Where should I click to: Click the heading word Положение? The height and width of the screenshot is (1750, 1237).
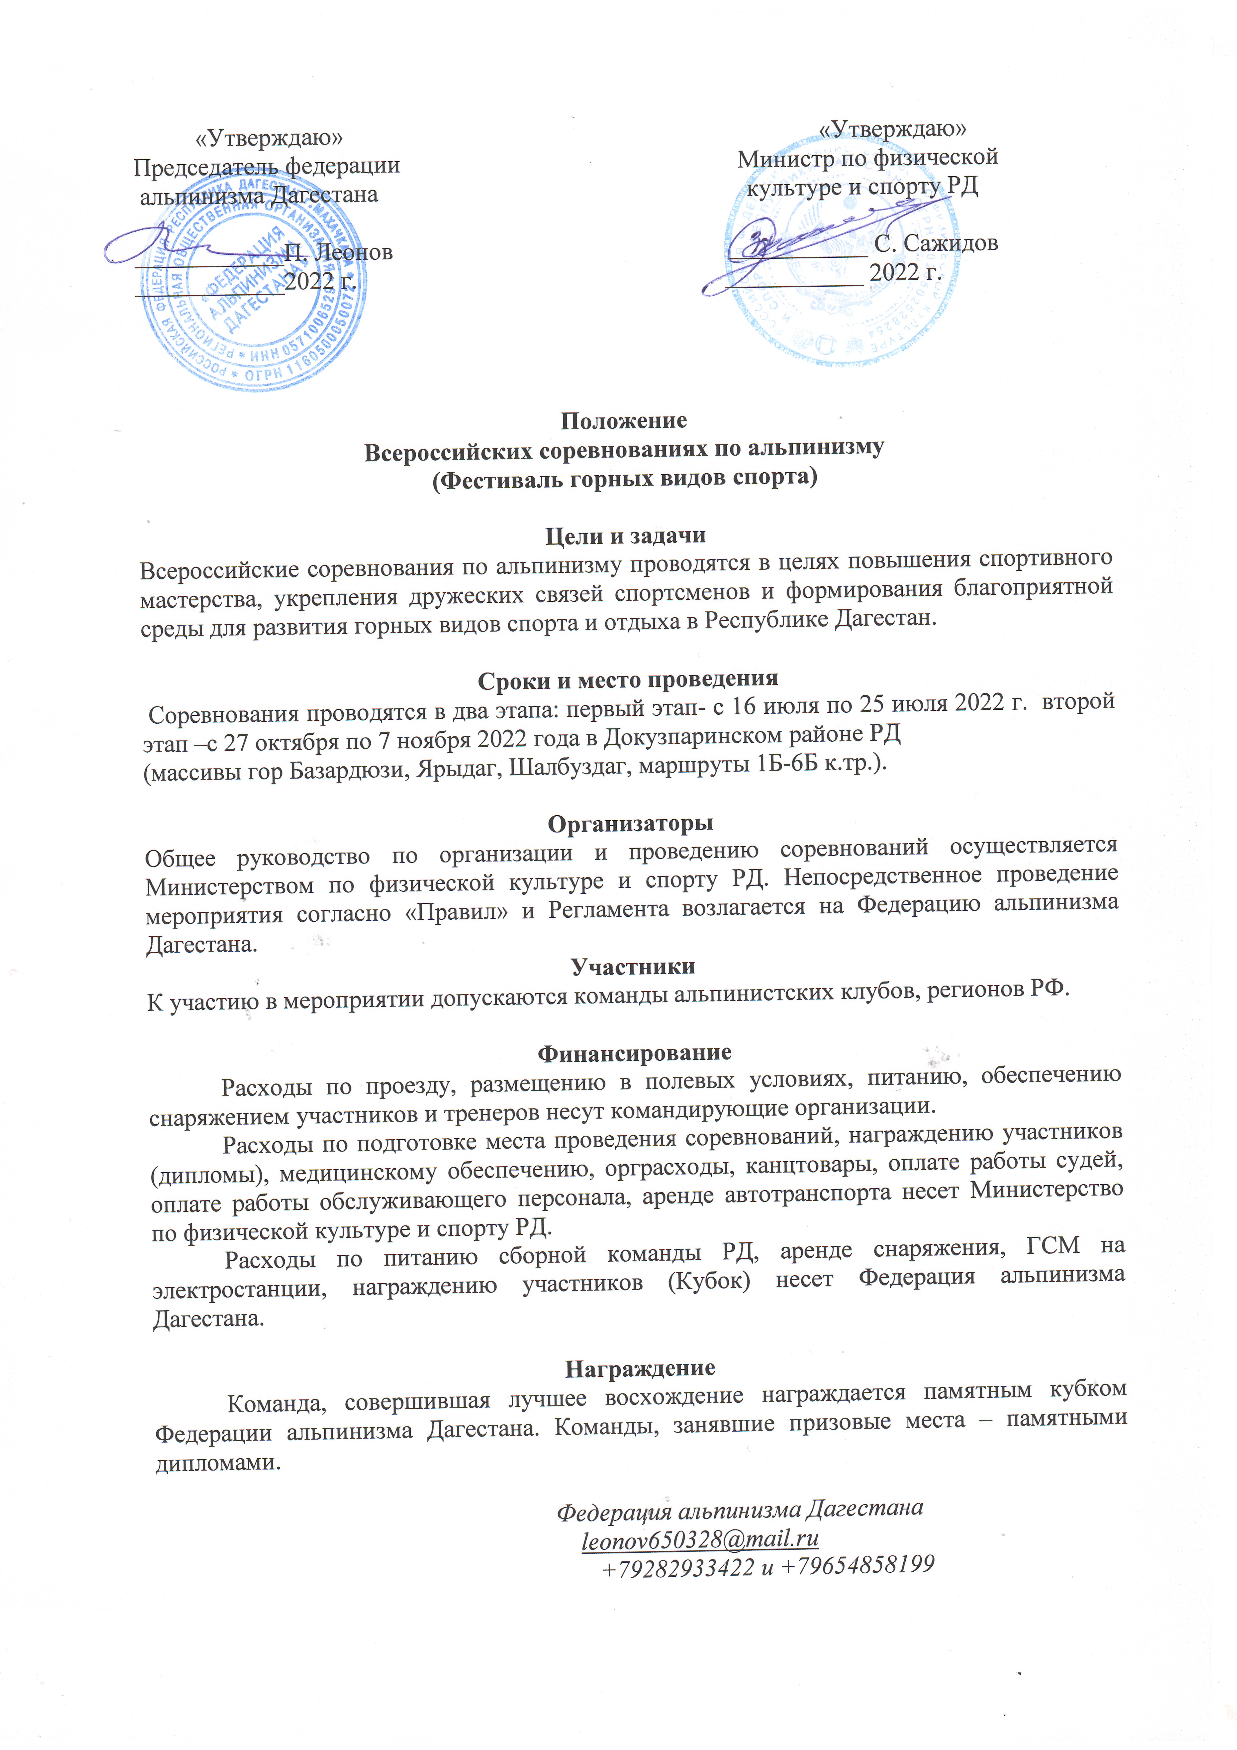click(623, 421)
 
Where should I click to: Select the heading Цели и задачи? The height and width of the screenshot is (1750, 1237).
click(625, 536)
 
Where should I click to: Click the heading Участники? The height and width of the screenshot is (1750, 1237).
click(633, 967)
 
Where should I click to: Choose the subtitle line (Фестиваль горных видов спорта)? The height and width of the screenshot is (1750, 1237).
click(625, 479)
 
